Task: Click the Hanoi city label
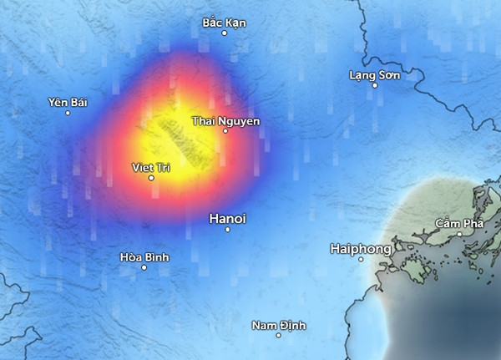point(227,218)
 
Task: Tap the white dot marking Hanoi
point(227,230)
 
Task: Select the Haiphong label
point(361,248)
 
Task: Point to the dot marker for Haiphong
point(361,259)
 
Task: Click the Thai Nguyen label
point(225,121)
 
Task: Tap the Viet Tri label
point(151,168)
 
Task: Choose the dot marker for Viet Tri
point(151,178)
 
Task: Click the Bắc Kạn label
point(225,22)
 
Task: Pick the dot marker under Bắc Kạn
point(225,33)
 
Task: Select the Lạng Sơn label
point(374,76)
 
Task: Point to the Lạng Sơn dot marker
point(374,86)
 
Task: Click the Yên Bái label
point(68,103)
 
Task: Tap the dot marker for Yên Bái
point(68,113)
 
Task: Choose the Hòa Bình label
point(144,257)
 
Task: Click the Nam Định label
point(279,325)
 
